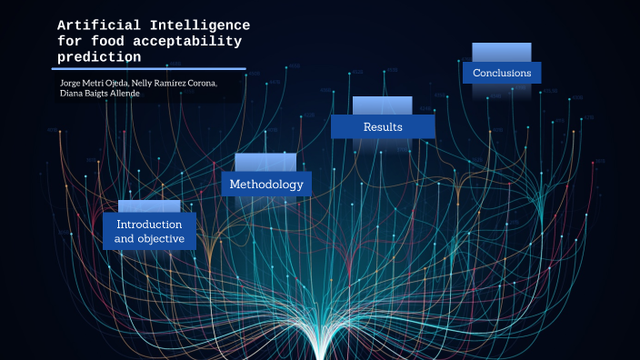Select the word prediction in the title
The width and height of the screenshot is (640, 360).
[99, 56]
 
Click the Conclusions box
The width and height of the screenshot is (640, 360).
[502, 73]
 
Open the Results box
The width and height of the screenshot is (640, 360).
[383, 126]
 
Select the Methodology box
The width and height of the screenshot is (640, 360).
[266, 184]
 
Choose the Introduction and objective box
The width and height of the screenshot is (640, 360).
[149, 231]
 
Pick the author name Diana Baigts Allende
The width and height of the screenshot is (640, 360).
[100, 94]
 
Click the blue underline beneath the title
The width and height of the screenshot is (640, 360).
[149, 68]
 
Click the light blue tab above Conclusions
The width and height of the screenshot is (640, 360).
[502, 52]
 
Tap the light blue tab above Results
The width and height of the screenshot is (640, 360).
[382, 105]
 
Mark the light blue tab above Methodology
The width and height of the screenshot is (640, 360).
[265, 162]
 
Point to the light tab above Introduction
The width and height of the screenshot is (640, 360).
[149, 206]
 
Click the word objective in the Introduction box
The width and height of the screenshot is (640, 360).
[166, 239]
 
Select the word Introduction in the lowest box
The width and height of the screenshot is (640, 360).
[149, 224]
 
